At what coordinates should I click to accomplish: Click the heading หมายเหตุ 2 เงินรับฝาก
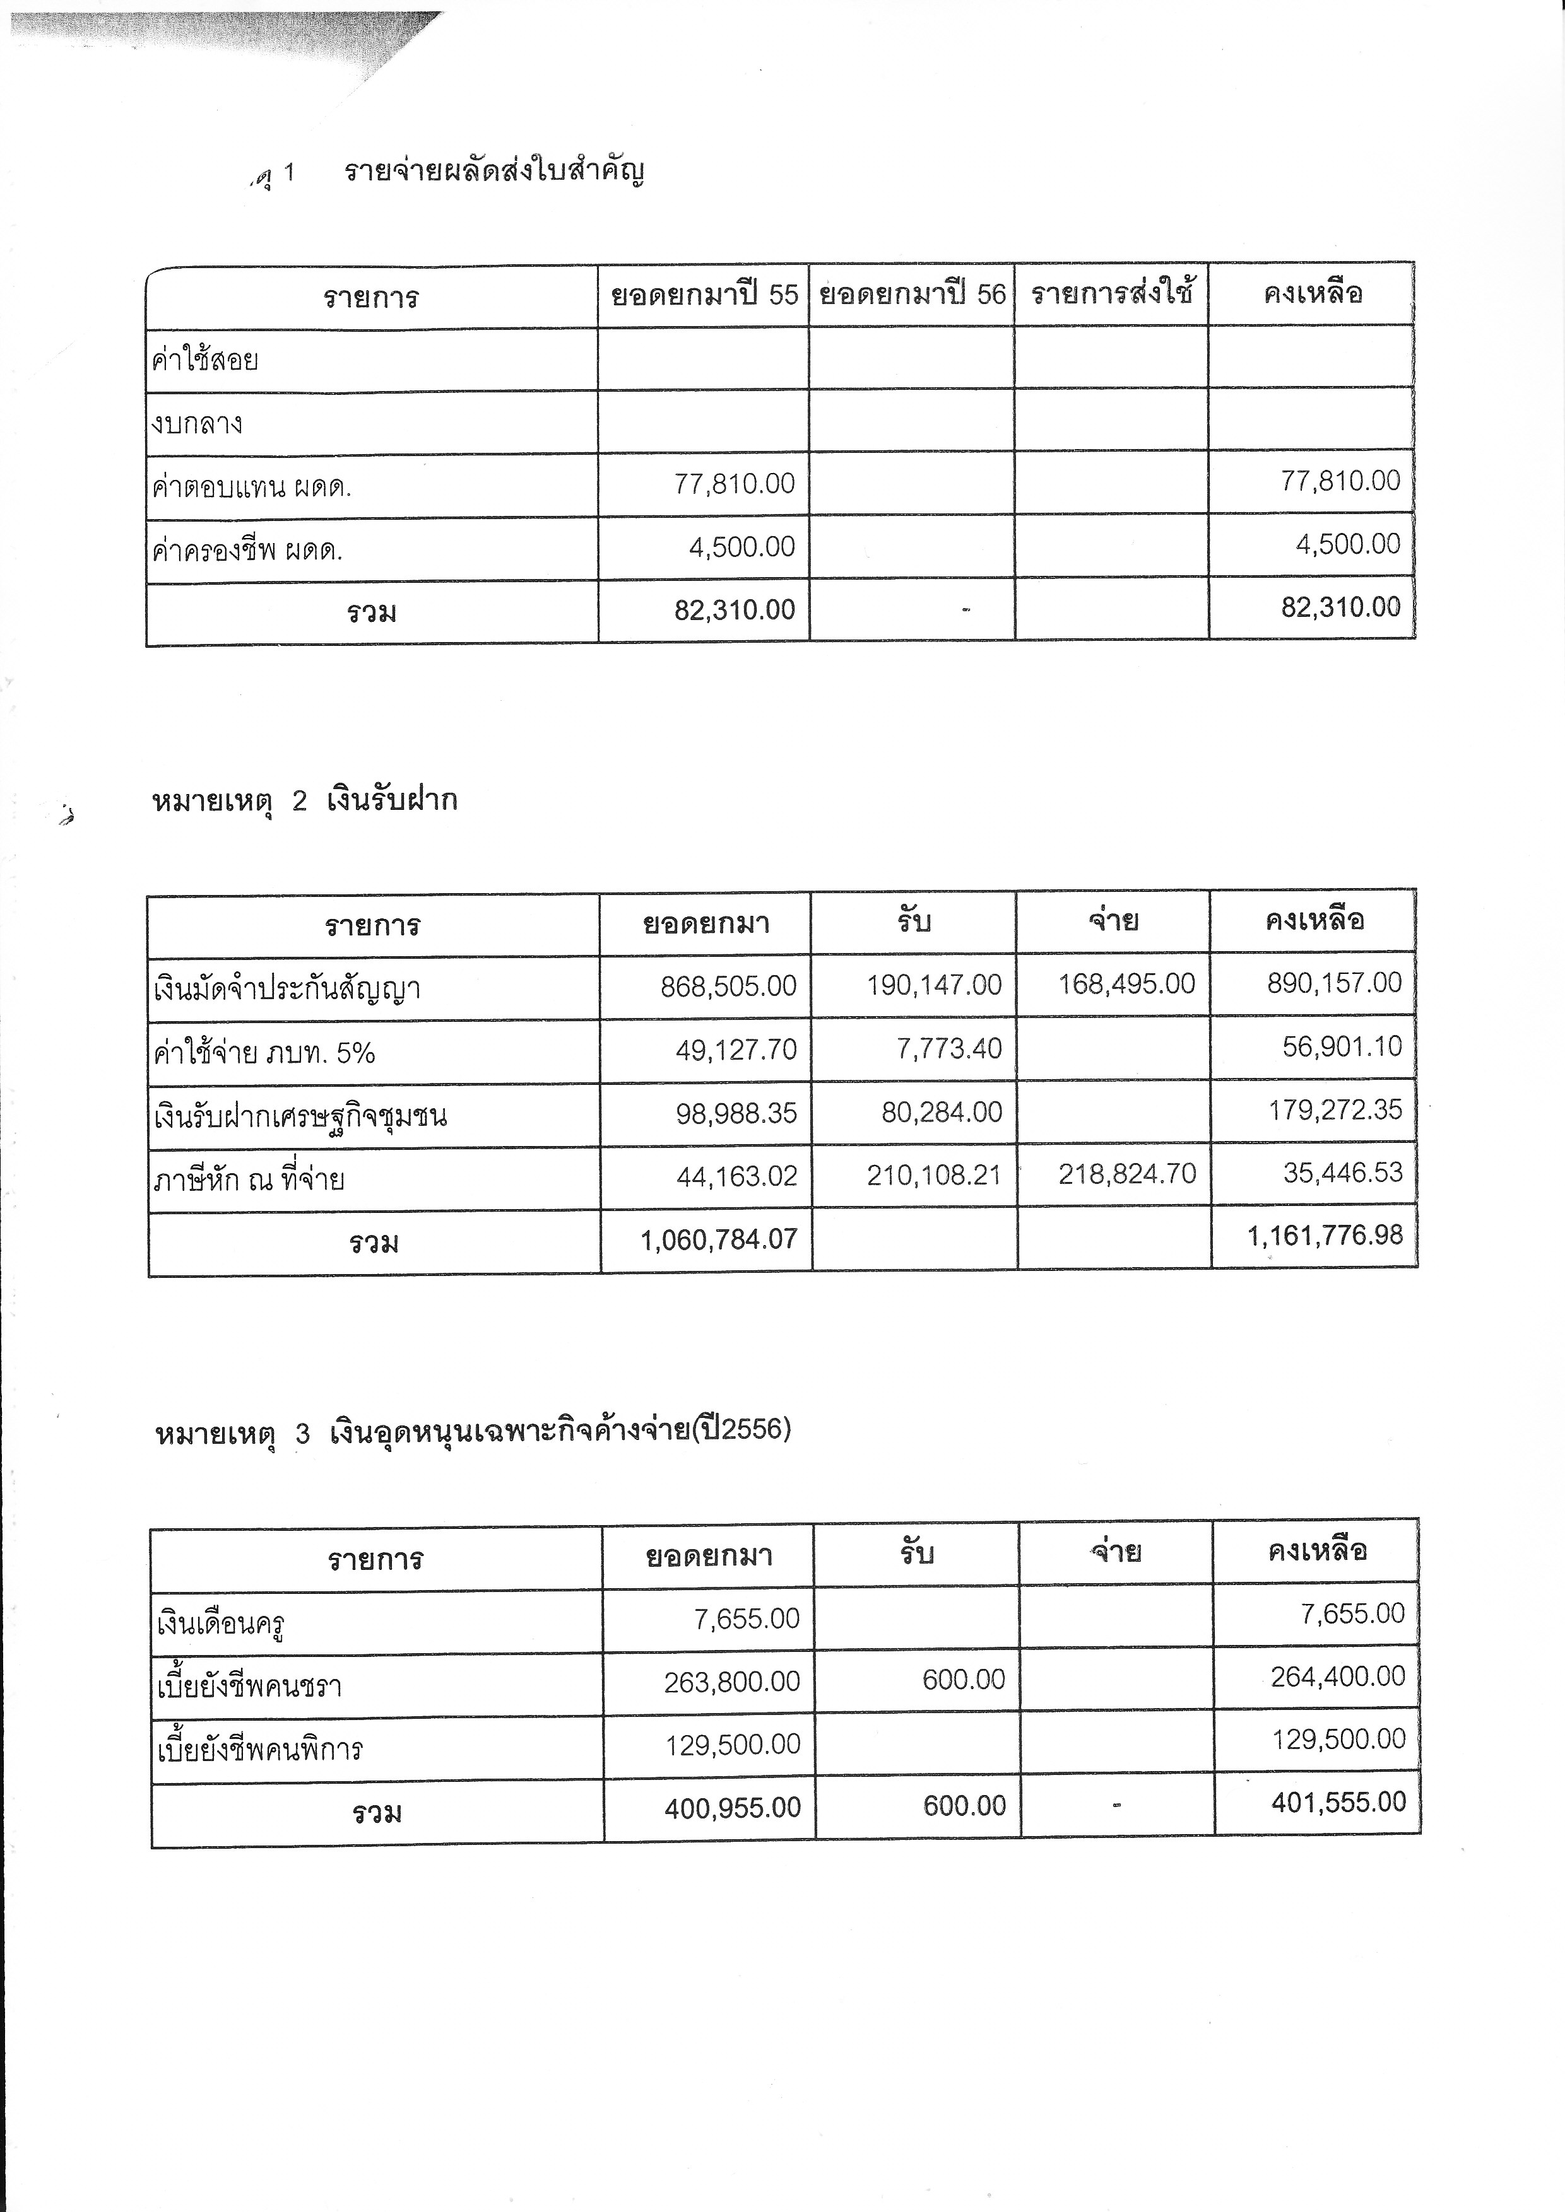pos(305,800)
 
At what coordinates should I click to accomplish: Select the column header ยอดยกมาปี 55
pos(704,294)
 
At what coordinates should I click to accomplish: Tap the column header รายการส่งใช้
pos(1111,292)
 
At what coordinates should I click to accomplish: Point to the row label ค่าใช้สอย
pos(205,360)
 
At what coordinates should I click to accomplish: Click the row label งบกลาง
pos(198,424)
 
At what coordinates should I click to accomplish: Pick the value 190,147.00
pos(934,985)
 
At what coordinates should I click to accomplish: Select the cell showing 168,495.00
pos(1126,984)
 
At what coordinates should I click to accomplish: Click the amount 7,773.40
pos(948,1048)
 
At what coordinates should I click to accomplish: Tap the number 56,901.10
pos(1342,1046)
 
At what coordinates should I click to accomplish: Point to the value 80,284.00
pos(942,1112)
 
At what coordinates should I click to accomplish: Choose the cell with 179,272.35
pos(1335,1110)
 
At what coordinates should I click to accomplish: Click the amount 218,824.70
pos(1126,1173)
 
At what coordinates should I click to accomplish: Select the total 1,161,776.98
pos(1325,1235)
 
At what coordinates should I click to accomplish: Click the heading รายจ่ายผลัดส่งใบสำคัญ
pos(494,172)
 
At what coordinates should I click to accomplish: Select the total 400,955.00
pos(733,1807)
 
